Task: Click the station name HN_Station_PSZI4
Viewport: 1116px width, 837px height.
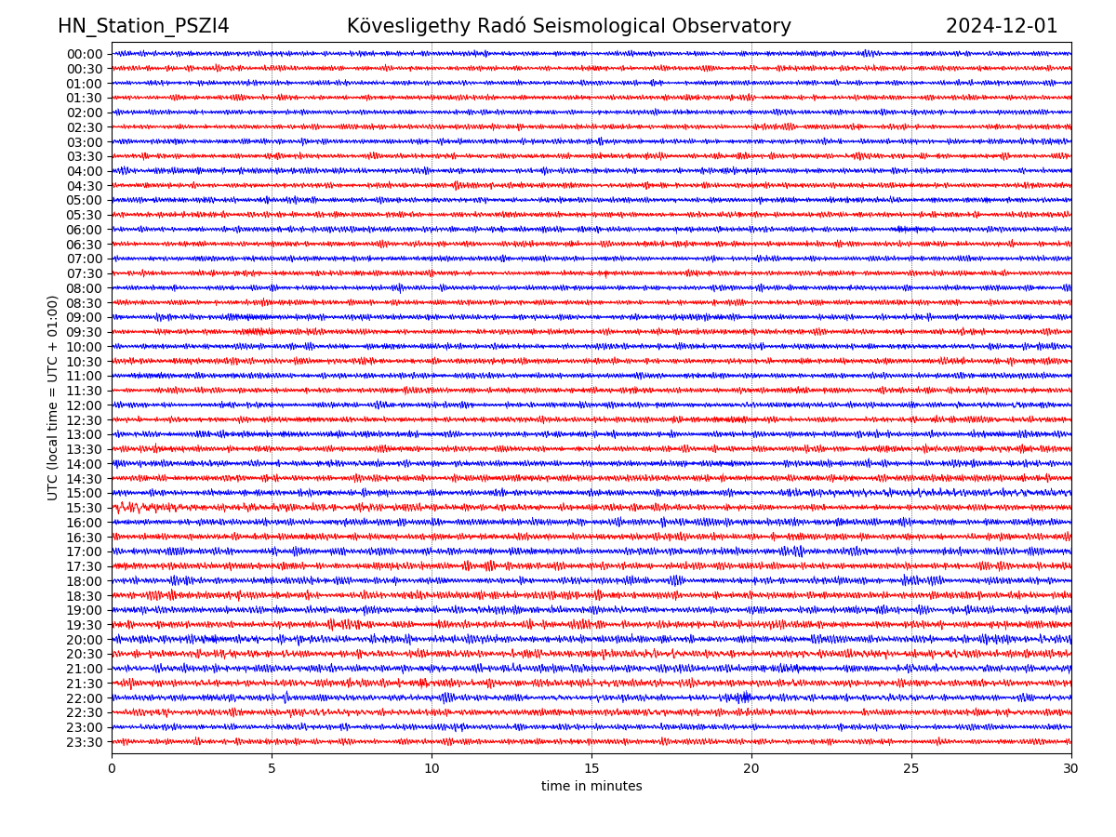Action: tap(143, 26)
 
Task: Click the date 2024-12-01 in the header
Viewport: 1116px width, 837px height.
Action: tap(1002, 26)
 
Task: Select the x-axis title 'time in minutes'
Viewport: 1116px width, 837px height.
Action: tap(591, 787)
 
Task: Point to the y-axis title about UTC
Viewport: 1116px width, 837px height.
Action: tap(53, 397)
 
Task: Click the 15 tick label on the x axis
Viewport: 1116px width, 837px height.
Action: tap(591, 769)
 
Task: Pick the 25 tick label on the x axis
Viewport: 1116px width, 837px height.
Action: tap(911, 769)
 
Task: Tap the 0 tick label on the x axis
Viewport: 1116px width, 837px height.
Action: tap(112, 769)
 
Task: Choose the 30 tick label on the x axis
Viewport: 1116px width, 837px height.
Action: tap(1071, 769)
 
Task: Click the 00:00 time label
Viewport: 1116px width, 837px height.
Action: tap(85, 54)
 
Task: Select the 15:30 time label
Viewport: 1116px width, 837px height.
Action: tap(85, 509)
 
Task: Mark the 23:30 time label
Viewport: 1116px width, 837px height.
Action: tap(85, 743)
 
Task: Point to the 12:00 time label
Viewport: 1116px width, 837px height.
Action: tap(85, 405)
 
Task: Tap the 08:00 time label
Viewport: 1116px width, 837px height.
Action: tap(85, 288)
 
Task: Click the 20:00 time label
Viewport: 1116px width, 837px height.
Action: tap(85, 640)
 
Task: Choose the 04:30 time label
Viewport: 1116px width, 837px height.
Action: tap(85, 186)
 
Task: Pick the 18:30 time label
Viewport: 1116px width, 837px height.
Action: tap(85, 596)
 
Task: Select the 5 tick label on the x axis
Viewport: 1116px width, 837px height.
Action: tap(272, 769)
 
